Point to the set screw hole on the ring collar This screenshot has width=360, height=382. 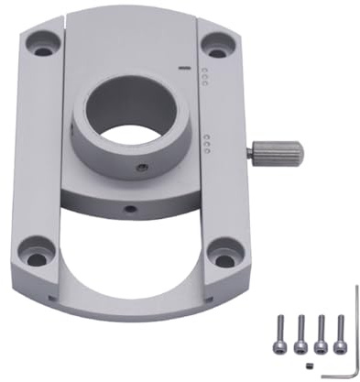point(141,168)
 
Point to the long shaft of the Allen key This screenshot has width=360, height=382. point(355,330)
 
